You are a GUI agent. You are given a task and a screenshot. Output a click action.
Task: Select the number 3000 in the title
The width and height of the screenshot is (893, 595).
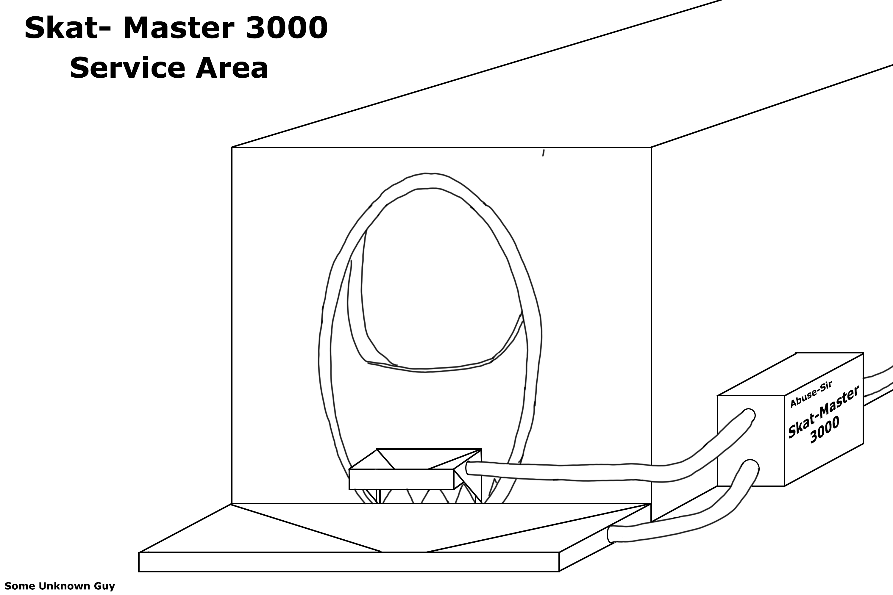click(286, 29)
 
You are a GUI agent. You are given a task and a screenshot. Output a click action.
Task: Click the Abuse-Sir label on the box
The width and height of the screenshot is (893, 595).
click(811, 395)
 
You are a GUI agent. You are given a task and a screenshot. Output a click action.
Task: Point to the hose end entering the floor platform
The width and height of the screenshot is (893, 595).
click(611, 534)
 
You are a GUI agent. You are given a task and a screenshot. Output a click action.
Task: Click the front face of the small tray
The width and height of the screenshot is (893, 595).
click(401, 479)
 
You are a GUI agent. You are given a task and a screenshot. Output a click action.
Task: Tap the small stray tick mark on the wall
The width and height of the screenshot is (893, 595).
click(543, 153)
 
